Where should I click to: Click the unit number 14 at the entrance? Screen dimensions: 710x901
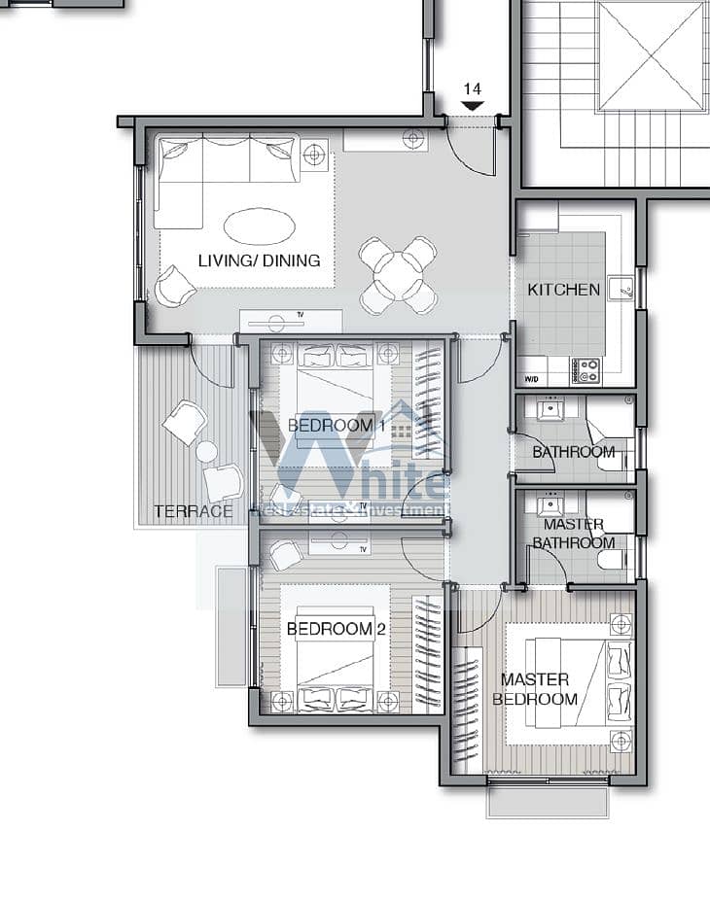(x=472, y=89)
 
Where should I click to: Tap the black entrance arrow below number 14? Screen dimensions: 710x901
(x=473, y=106)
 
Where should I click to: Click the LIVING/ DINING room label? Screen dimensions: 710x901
(x=260, y=260)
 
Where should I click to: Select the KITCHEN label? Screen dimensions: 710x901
(x=563, y=290)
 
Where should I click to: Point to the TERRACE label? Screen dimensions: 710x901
(x=194, y=511)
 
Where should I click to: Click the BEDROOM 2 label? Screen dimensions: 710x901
(x=336, y=629)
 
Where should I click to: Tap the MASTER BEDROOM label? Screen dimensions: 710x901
(x=535, y=689)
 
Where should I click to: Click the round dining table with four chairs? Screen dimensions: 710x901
(x=398, y=275)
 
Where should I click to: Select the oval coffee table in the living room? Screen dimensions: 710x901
(x=260, y=225)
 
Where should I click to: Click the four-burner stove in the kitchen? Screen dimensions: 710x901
(x=586, y=370)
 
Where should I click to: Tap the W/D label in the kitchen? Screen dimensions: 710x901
(x=532, y=379)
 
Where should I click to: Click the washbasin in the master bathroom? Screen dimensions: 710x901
(x=550, y=505)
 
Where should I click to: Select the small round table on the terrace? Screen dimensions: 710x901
(x=206, y=452)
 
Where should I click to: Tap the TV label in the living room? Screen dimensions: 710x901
(x=301, y=315)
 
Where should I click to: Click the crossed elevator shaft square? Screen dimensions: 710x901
(x=652, y=55)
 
